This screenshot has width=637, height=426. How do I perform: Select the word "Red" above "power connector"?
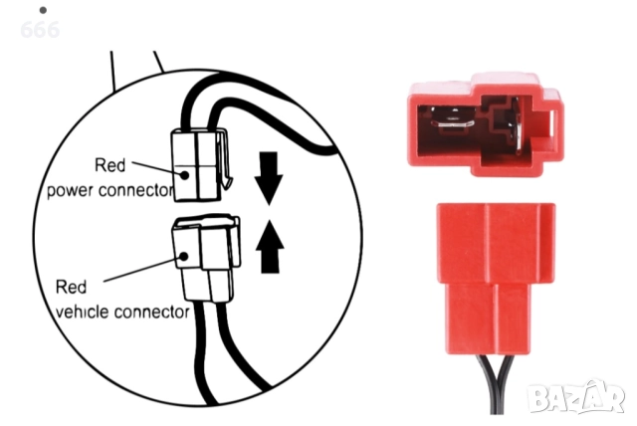coord(109,165)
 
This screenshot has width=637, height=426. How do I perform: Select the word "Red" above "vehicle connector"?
coord(72,288)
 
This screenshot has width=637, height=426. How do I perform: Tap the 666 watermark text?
coord(39,30)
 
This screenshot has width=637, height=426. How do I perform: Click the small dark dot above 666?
coord(42,10)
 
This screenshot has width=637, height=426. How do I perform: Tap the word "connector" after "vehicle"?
coord(151,312)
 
